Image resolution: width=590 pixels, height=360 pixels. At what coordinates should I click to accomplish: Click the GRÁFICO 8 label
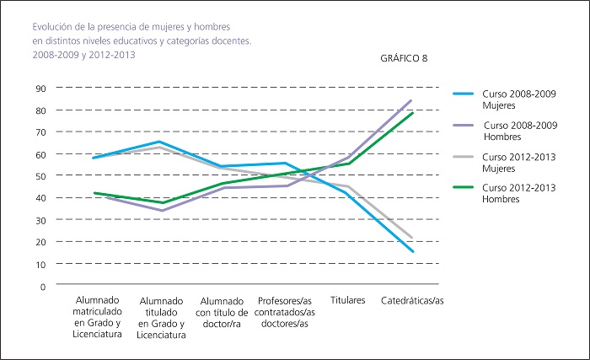[405, 58]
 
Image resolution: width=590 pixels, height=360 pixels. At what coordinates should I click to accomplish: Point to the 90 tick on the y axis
[40, 89]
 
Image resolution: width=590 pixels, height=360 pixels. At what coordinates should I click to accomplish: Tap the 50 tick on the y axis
[40, 176]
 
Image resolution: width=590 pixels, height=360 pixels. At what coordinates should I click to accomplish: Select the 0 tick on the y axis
[42, 287]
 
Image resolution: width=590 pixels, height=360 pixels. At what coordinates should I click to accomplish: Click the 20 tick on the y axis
[40, 242]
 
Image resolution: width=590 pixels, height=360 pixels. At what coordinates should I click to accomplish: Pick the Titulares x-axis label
[347, 301]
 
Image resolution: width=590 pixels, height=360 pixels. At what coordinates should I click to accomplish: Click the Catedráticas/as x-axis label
[411, 301]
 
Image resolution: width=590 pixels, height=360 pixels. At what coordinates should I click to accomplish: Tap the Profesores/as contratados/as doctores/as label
[283, 312]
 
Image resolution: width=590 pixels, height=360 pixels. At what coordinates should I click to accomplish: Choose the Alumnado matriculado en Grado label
[98, 317]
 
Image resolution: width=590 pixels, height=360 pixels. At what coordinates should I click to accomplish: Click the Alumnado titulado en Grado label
[162, 318]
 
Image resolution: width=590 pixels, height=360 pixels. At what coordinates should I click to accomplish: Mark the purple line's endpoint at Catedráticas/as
[411, 100]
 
